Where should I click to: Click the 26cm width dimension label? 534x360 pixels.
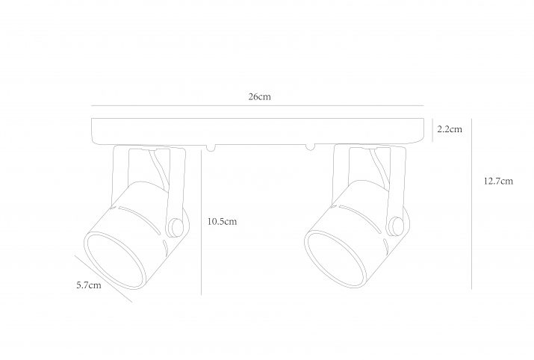pyautogui.click(x=259, y=97)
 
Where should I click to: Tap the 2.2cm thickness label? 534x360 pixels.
pyautogui.click(x=450, y=129)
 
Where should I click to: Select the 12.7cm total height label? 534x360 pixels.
pyautogui.click(x=498, y=181)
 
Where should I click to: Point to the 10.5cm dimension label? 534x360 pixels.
pyautogui.click(x=222, y=221)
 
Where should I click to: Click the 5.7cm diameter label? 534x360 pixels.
pyautogui.click(x=89, y=285)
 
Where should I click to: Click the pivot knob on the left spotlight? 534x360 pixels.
pyautogui.click(x=177, y=227)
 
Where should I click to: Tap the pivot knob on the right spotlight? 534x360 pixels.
pyautogui.click(x=397, y=226)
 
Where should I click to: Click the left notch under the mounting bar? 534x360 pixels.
pyautogui.click(x=211, y=147)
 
